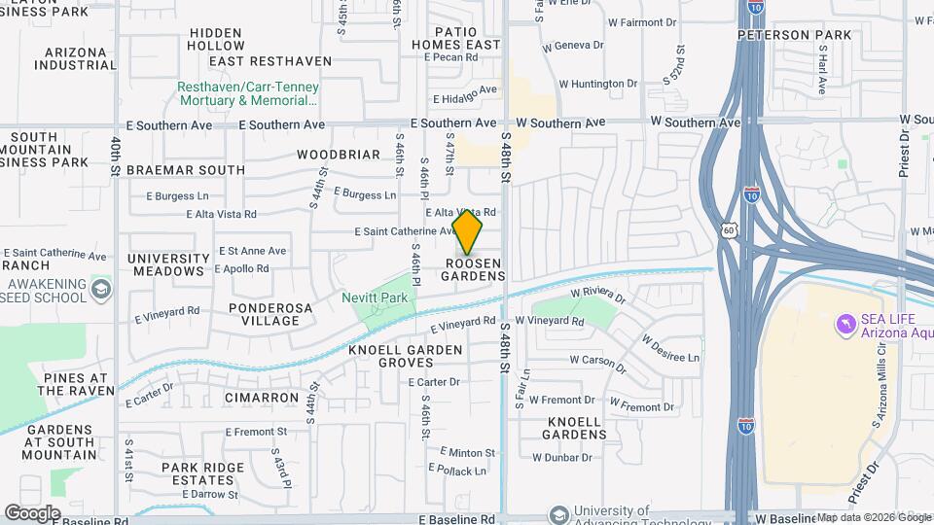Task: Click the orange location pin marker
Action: (x=468, y=231)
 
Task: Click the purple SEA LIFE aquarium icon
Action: (x=845, y=322)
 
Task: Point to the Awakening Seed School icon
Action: (x=100, y=290)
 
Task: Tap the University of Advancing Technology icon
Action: (x=559, y=513)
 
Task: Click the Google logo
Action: (x=32, y=513)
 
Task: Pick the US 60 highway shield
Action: (x=729, y=230)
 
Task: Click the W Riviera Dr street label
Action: (x=594, y=291)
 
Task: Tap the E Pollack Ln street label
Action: (x=459, y=471)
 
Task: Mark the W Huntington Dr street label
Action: (x=591, y=84)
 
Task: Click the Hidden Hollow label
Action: (x=216, y=39)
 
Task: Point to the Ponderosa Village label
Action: (x=250, y=313)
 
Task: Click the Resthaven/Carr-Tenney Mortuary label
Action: (x=247, y=93)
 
